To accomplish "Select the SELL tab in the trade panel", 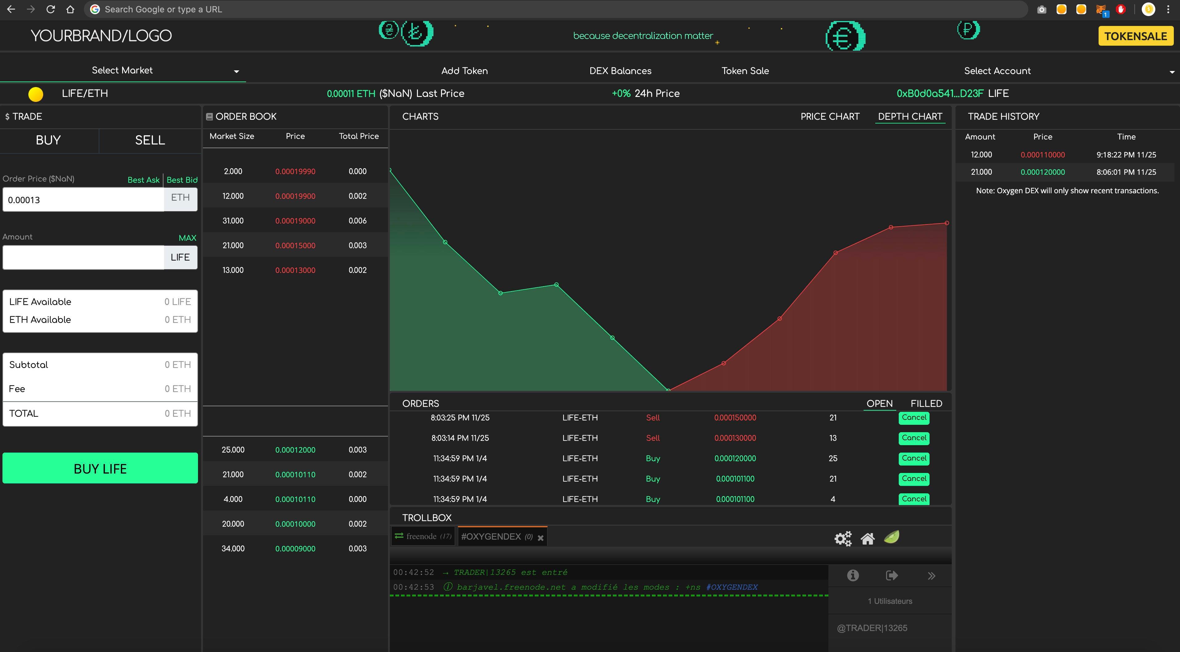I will (x=150, y=140).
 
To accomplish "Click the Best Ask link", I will (x=143, y=180).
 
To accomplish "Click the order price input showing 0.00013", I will (x=83, y=200).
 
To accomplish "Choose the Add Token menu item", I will (x=464, y=71).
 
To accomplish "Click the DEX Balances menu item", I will (x=620, y=71).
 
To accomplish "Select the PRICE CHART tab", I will (x=830, y=116).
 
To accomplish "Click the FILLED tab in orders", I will (x=926, y=403).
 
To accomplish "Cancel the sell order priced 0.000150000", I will (x=914, y=418).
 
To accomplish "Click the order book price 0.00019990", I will (x=295, y=171).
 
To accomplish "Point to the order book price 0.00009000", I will (x=295, y=548).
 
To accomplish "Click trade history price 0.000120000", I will (x=1042, y=172).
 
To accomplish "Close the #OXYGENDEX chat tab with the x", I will (x=541, y=538).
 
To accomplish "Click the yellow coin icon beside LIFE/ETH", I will (x=36, y=94).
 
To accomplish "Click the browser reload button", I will (x=50, y=9).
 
